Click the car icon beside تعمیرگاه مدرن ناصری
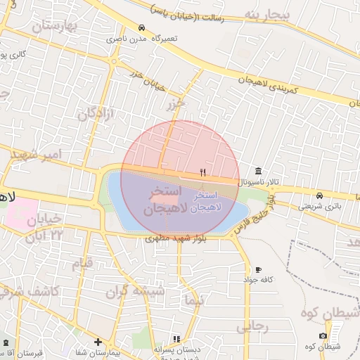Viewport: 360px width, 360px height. [143, 28]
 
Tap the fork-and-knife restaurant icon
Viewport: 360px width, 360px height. [202, 172]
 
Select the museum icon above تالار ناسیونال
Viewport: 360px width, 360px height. [259, 172]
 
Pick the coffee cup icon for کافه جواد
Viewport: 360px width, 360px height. [259, 270]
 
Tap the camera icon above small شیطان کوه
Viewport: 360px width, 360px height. [323, 336]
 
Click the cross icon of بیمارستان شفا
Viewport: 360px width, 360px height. [98, 342]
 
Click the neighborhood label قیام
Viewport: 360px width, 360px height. [83, 264]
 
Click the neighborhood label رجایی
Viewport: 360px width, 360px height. [251, 326]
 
